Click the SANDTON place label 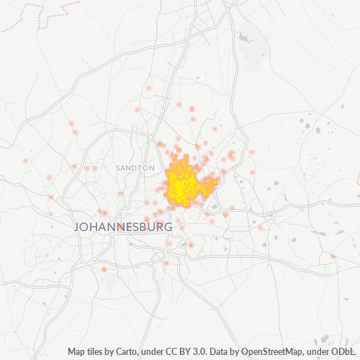135,167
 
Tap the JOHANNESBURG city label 123,227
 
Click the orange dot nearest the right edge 333,256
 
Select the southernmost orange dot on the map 104,270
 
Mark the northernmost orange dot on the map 148,88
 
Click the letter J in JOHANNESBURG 77,227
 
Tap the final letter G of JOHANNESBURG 168,227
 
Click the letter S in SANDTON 117,167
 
